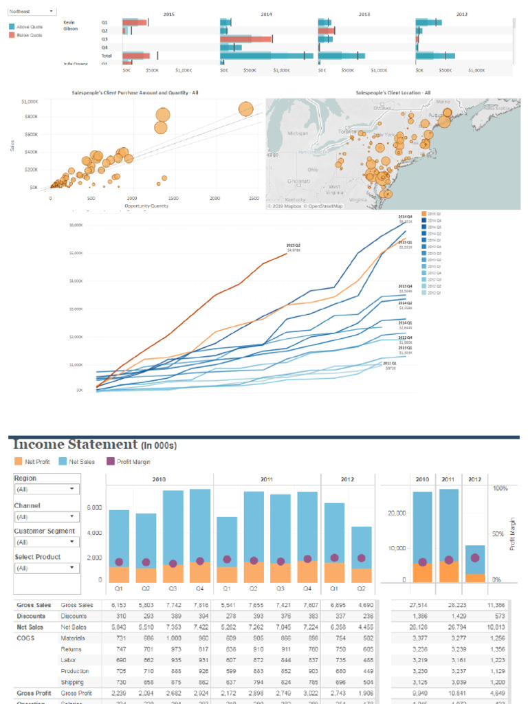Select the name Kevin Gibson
tap(70, 25)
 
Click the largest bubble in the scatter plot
tap(246, 109)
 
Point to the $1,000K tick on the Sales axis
tap(30, 101)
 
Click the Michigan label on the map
tap(298, 133)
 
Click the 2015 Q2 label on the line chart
tap(294, 245)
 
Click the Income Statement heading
tap(76, 445)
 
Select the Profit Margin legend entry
tap(133, 462)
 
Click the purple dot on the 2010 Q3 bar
tap(173, 563)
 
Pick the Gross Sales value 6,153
tap(118, 605)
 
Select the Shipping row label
tap(72, 682)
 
